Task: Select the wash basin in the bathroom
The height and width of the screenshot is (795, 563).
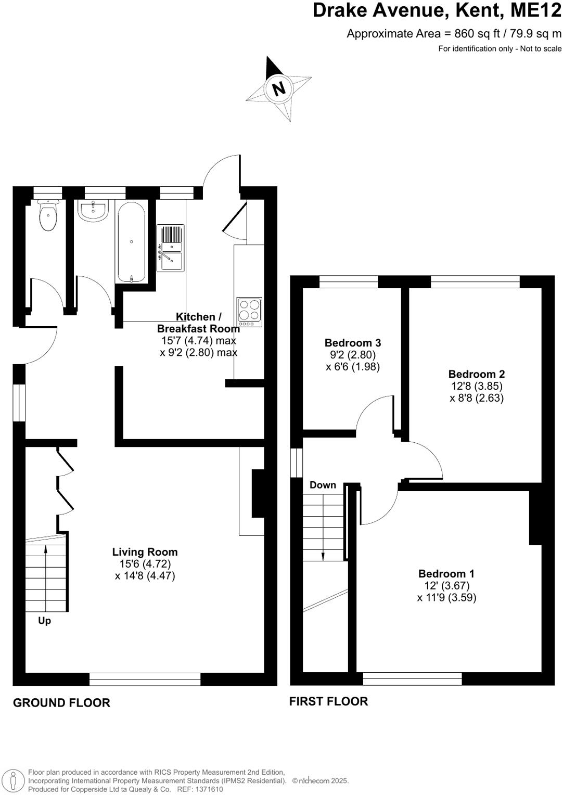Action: (94, 211)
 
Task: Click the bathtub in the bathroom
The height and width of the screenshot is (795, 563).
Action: (132, 242)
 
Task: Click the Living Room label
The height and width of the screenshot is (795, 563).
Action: (145, 552)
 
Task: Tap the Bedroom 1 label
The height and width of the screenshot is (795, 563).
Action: (446, 573)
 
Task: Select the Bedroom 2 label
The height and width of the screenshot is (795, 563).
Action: (476, 374)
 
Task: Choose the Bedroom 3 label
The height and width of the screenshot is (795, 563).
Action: (352, 342)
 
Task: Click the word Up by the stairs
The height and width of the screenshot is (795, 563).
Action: (45, 620)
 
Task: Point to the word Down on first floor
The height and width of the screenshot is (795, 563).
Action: (323, 485)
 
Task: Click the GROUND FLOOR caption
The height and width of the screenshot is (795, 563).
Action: (61, 702)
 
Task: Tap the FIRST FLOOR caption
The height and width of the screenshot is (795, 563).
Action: (328, 701)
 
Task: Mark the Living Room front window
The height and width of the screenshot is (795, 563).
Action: (145, 679)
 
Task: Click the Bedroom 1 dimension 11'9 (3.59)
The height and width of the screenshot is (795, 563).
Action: (446, 597)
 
